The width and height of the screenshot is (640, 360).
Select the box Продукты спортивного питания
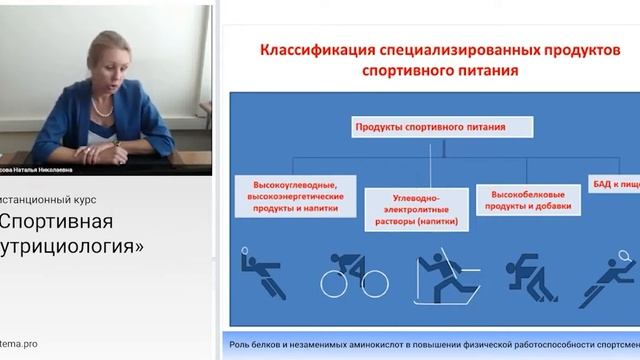442,126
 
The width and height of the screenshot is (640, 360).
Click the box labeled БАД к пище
615,187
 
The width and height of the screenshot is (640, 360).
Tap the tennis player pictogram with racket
612,274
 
